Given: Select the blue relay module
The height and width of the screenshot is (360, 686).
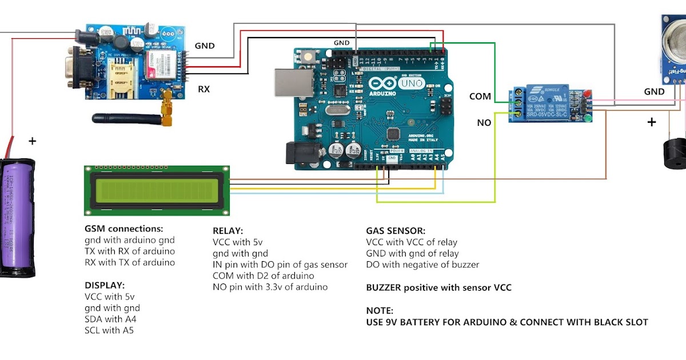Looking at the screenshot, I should click(x=549, y=103).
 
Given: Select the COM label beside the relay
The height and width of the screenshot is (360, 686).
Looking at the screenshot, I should click(x=480, y=96).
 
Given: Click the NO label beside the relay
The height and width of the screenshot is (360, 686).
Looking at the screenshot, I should click(x=484, y=122).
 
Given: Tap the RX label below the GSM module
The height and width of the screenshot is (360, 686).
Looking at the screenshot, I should click(x=204, y=89).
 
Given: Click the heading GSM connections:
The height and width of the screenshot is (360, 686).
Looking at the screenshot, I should click(x=123, y=229).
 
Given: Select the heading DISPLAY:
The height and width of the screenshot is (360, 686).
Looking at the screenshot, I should click(x=105, y=285).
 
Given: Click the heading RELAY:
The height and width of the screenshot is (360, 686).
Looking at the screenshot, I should click(x=228, y=231).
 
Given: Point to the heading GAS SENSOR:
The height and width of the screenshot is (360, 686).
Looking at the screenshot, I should click(x=396, y=231).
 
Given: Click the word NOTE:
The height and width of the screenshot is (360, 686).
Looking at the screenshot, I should click(x=380, y=310).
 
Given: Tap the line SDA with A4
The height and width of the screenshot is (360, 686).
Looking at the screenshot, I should click(x=110, y=319).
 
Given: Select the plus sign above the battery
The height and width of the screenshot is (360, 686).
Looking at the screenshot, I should click(x=32, y=141).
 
